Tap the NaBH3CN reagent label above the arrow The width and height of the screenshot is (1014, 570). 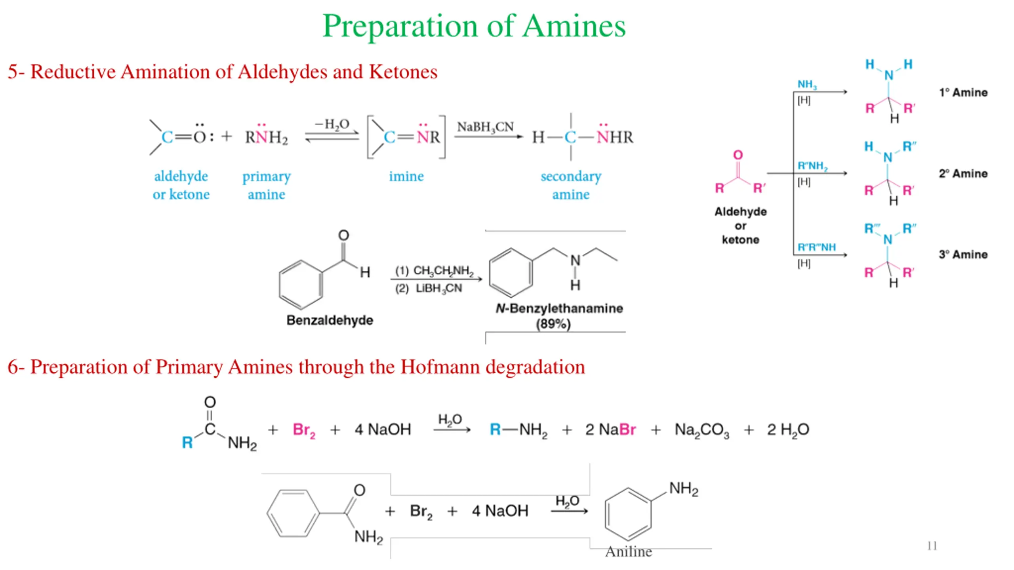pyautogui.click(x=485, y=127)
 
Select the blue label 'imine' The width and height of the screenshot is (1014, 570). pyautogui.click(x=406, y=176)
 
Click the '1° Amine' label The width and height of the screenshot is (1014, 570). pyautogui.click(x=963, y=93)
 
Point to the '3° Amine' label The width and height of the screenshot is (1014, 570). pyautogui.click(x=963, y=255)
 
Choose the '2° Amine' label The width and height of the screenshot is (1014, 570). pyautogui.click(x=963, y=174)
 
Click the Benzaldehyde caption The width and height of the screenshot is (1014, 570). pyautogui.click(x=330, y=320)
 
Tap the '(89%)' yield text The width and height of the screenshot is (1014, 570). pyautogui.click(x=553, y=324)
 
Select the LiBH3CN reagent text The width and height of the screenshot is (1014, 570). pyautogui.click(x=438, y=289)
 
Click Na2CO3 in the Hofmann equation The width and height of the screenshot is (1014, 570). pyautogui.click(x=701, y=430)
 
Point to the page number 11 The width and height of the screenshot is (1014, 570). pyautogui.click(x=932, y=546)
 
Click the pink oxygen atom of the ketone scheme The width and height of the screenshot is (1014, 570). pyautogui.click(x=738, y=155)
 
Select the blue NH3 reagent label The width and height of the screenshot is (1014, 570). pyautogui.click(x=806, y=84)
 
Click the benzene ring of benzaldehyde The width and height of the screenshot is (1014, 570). pyautogui.click(x=301, y=285)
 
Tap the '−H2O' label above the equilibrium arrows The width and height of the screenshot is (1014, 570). pyautogui.click(x=332, y=124)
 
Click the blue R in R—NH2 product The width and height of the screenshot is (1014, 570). pyautogui.click(x=495, y=429)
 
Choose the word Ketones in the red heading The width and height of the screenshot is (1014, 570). pyautogui.click(x=403, y=72)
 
